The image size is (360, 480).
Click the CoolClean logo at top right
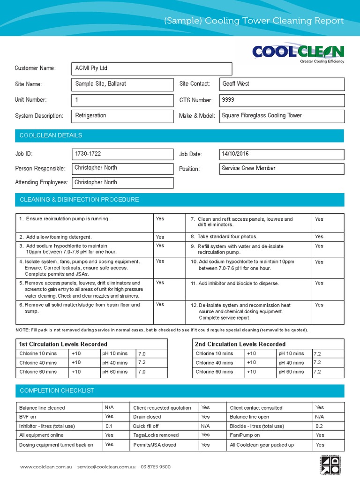tap(298, 53)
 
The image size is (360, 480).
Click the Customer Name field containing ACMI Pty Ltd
tap(151, 68)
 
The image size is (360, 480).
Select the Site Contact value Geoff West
tap(282, 84)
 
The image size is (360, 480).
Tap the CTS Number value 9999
tap(282, 100)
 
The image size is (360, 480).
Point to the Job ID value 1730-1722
tap(122, 154)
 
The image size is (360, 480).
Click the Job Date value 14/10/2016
tap(282, 154)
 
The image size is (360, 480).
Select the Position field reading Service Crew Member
tap(282, 168)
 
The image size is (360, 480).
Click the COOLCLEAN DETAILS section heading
tap(51, 135)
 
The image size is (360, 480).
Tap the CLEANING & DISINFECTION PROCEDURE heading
tap(79, 200)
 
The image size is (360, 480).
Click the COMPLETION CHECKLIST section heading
tap(57, 390)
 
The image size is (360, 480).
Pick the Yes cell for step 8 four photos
tap(319, 237)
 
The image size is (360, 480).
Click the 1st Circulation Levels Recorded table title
tap(63, 344)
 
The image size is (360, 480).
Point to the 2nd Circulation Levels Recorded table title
tap(240, 344)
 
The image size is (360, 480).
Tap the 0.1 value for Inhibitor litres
tap(109, 426)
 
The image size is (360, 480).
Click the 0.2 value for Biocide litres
tap(319, 426)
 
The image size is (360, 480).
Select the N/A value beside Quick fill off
tap(205, 426)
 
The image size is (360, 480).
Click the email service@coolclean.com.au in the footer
tap(106, 467)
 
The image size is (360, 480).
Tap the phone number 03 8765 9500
tap(156, 467)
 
